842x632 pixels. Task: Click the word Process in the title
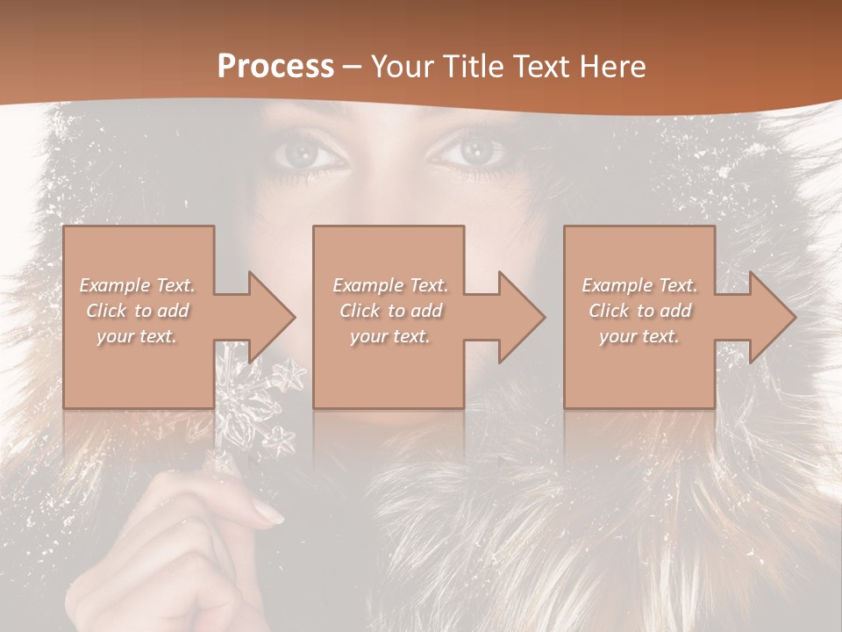[x=275, y=67]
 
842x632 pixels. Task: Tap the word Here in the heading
[x=611, y=67]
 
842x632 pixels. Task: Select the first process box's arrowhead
[x=268, y=317]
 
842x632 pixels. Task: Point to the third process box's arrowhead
[x=768, y=317]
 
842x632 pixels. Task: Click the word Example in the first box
[x=114, y=285]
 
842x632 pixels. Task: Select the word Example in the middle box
[x=367, y=285]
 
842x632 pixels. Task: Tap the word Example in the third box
[x=617, y=285]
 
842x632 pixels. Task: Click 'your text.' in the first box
[x=137, y=336]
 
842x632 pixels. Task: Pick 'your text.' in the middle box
[x=389, y=336]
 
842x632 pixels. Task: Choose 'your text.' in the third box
[x=639, y=336]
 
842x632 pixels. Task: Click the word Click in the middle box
[x=360, y=311]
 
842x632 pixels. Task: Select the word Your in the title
[x=403, y=67]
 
